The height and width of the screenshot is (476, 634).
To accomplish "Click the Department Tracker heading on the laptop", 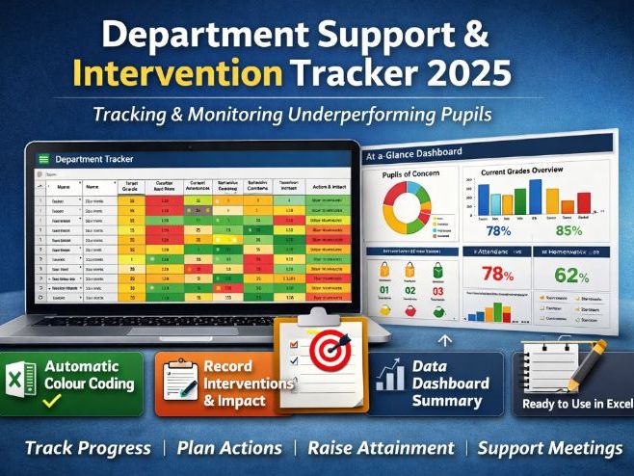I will [94, 158].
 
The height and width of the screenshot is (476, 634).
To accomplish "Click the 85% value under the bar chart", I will [569, 231].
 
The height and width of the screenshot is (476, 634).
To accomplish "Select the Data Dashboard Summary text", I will [446, 383].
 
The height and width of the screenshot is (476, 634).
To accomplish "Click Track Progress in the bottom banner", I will [88, 448].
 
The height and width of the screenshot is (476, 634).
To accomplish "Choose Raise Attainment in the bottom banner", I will [380, 448].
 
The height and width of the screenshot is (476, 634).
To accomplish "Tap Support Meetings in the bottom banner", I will [550, 448].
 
